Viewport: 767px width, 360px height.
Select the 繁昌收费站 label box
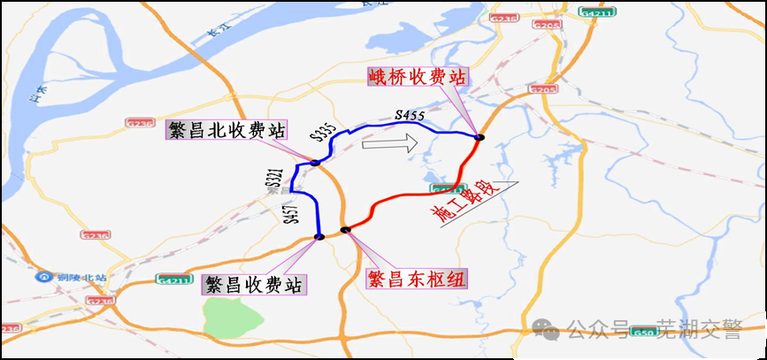click(253, 285)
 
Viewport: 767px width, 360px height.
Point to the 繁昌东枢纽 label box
click(418, 279)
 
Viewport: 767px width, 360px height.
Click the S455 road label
click(410, 115)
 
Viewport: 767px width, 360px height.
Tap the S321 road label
click(273, 178)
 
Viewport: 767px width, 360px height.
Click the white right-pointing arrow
click(390, 142)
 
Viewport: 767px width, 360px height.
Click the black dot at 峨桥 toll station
click(479, 136)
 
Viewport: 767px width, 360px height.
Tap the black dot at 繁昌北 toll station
click(315, 162)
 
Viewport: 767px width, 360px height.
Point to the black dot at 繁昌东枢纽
click(345, 230)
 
